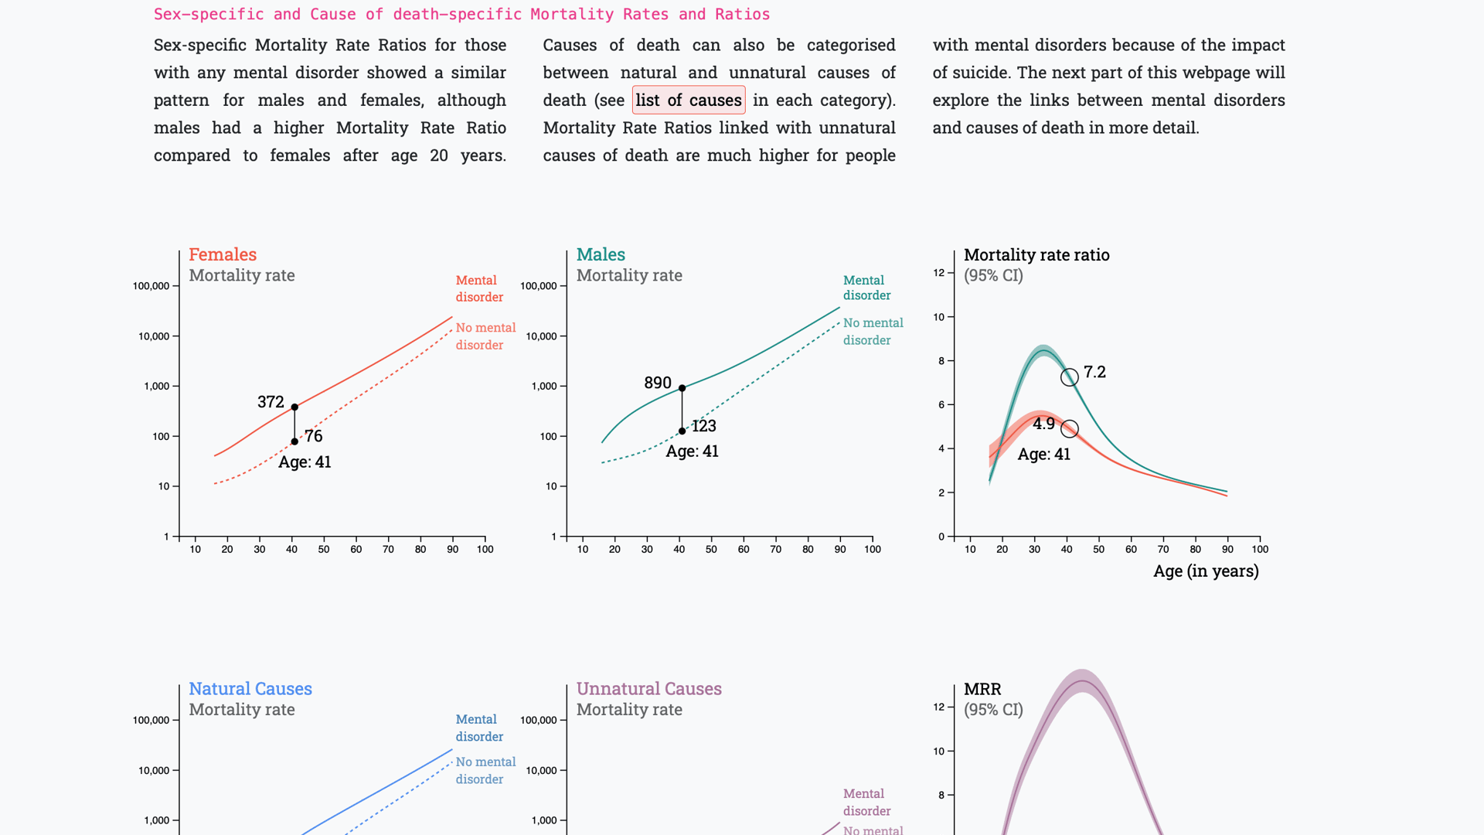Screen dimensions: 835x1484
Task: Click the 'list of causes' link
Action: click(x=689, y=101)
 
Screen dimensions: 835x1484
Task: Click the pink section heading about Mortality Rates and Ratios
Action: click(x=461, y=15)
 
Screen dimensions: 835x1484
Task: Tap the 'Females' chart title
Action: click(x=223, y=254)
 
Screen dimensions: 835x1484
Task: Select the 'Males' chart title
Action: click(x=601, y=254)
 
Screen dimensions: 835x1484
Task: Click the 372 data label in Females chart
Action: click(x=271, y=402)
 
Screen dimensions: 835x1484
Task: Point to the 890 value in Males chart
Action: click(x=658, y=383)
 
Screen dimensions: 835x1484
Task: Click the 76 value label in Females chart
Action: click(x=313, y=436)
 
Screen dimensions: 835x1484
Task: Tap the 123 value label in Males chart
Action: click(x=703, y=426)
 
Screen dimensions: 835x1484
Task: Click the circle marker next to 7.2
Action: click(x=1069, y=377)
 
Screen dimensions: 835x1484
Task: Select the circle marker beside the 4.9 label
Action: click(x=1069, y=429)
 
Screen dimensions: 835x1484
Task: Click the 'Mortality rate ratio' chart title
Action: click(x=1036, y=255)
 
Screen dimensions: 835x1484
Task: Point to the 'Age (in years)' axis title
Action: click(x=1206, y=571)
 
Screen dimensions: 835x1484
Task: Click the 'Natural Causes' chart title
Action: click(x=250, y=689)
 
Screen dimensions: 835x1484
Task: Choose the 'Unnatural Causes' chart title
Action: click(x=649, y=689)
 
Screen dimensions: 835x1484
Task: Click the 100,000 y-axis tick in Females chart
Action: click(x=151, y=286)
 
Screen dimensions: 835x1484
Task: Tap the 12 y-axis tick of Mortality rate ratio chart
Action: click(x=939, y=273)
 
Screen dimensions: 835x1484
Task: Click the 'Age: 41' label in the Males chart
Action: click(x=693, y=452)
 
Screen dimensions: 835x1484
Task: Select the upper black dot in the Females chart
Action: click(x=294, y=407)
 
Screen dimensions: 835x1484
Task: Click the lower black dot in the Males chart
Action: click(x=682, y=431)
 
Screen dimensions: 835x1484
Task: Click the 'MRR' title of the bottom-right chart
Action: click(x=982, y=689)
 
